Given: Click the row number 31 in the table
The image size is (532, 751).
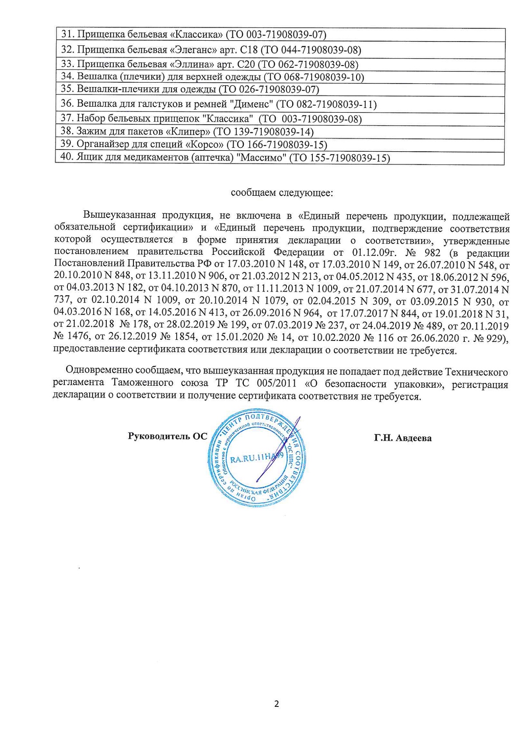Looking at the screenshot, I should click(x=66, y=34).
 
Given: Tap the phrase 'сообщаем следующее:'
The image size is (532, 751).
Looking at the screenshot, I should click(x=282, y=193).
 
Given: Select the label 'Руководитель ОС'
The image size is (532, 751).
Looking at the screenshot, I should click(x=167, y=436).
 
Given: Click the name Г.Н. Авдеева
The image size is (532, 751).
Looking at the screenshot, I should click(x=402, y=438).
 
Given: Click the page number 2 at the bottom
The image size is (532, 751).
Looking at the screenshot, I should click(x=276, y=704).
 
